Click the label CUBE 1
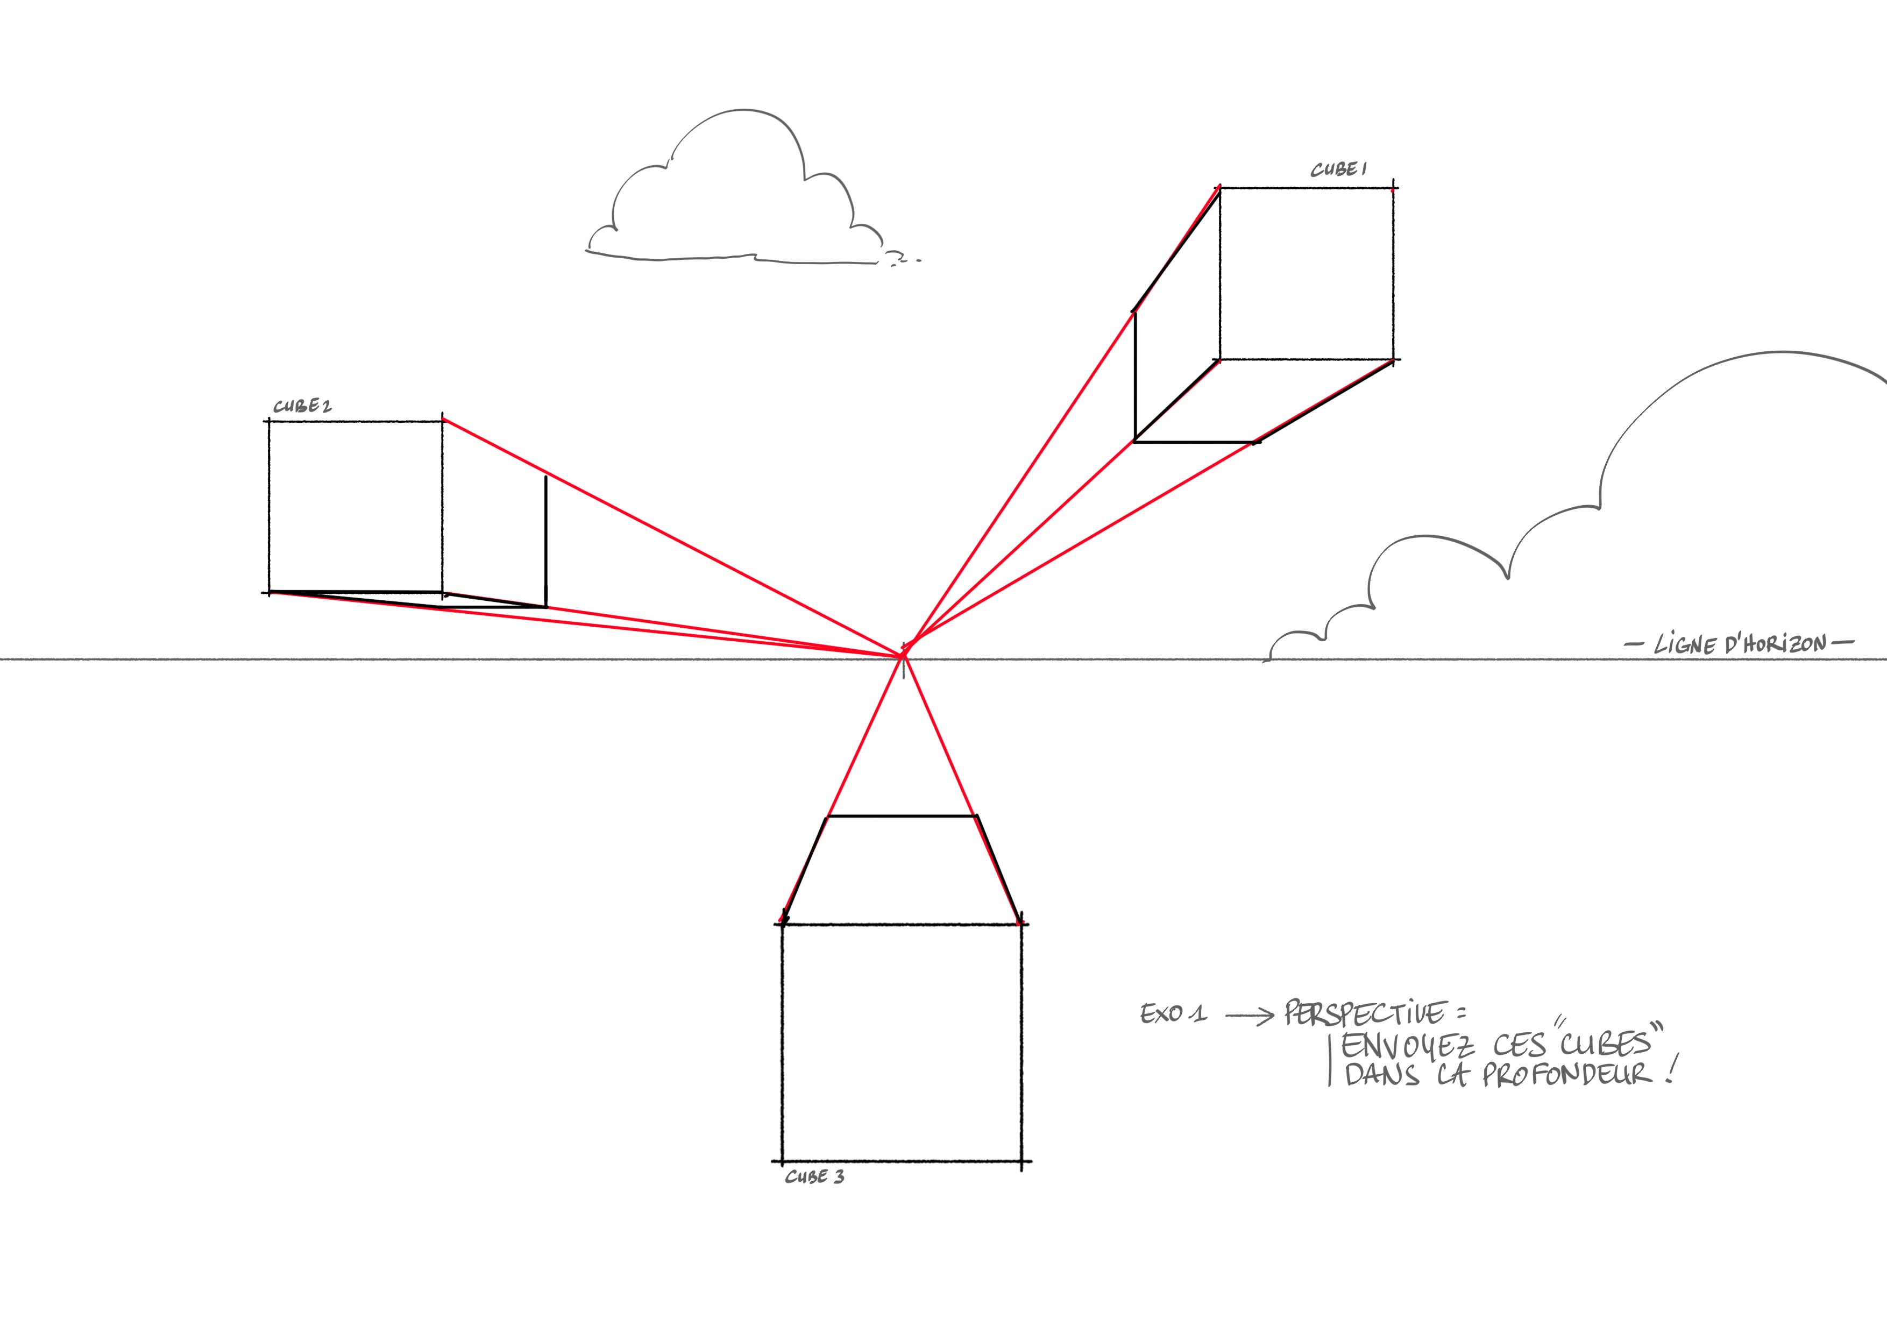pyautogui.click(x=1338, y=170)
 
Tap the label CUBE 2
pyautogui.click(x=302, y=406)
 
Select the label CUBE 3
pyautogui.click(x=814, y=1177)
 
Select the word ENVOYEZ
pyautogui.click(x=1407, y=1046)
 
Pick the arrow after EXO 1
pyautogui.click(x=1249, y=1016)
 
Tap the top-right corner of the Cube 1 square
pyautogui.click(x=1393, y=189)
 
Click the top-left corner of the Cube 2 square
pyautogui.click(x=269, y=421)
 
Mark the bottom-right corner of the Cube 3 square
pyautogui.click(x=1021, y=1161)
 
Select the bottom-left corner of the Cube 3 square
pyautogui.click(x=782, y=1161)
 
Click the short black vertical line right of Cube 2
pyautogui.click(x=546, y=541)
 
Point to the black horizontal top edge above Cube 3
pyautogui.click(x=901, y=816)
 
